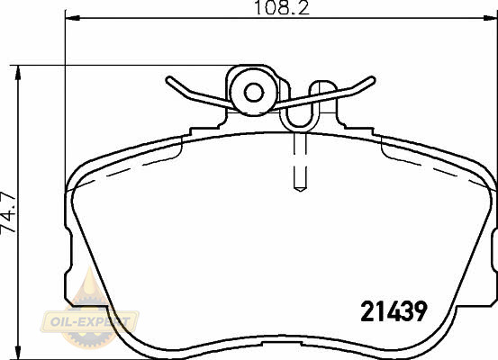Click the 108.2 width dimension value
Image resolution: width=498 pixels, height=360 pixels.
pyautogui.click(x=282, y=8)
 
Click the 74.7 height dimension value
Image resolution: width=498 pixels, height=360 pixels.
pyautogui.click(x=9, y=212)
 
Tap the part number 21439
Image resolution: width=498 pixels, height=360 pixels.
pyautogui.click(x=394, y=310)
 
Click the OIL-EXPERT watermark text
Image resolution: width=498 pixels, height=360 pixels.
pyautogui.click(x=89, y=322)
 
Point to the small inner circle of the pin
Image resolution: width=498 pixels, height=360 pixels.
pyautogui.click(x=254, y=93)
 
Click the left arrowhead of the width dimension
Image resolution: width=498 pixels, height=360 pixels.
pyautogui.click(x=72, y=18)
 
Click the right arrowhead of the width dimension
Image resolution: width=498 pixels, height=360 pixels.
pyautogui.click(x=491, y=18)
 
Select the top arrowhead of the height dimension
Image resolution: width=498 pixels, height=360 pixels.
pyautogui.click(x=18, y=73)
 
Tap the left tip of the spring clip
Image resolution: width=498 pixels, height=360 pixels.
pyautogui.click(x=168, y=79)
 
